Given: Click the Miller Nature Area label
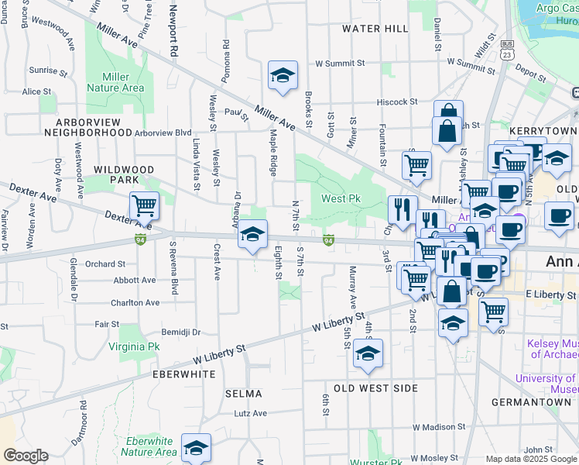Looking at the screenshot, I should pos(122,82).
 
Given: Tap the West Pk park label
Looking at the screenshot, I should pos(341,199).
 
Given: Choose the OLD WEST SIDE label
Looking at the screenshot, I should pos(375,387).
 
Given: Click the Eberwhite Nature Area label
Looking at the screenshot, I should pos(151,446).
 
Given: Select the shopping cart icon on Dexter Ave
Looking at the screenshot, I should pos(144,205).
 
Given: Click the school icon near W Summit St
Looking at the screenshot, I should pos(283,76).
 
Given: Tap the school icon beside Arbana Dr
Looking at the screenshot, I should pos(252,233).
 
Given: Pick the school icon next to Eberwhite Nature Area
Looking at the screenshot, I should pos(196,447).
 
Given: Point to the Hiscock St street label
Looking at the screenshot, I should pos(396,102).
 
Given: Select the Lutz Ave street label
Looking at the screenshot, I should pos(250,414).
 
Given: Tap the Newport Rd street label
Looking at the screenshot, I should pos(174,31).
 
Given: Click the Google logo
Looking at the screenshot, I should pos(26,456).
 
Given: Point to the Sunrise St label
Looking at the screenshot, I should pos(44,70).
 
